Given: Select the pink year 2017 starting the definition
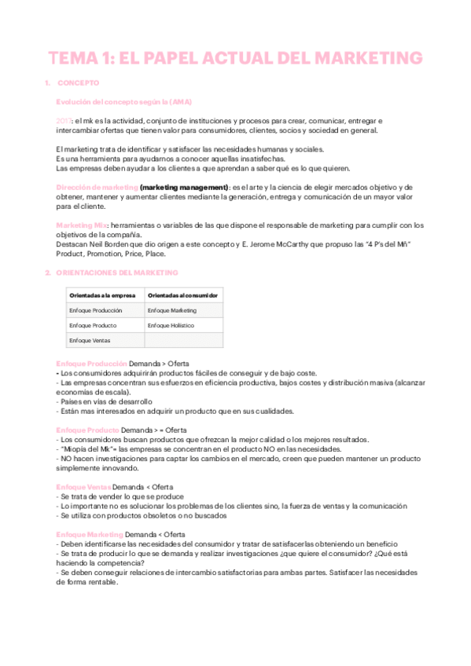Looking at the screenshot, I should (64, 120).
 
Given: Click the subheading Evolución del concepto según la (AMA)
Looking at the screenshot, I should (123, 102).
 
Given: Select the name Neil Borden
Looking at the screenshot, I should (104, 243).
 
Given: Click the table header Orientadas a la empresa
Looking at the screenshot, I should (103, 295).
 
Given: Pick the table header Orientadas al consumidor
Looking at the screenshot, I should (182, 295).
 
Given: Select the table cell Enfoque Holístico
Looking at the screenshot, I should (171, 325).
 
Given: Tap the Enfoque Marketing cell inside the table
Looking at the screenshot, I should (171, 310).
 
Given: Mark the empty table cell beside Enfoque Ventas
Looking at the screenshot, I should (183, 340).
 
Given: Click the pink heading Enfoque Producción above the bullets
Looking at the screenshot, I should (91, 364).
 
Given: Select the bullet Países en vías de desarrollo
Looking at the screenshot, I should (105, 401).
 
